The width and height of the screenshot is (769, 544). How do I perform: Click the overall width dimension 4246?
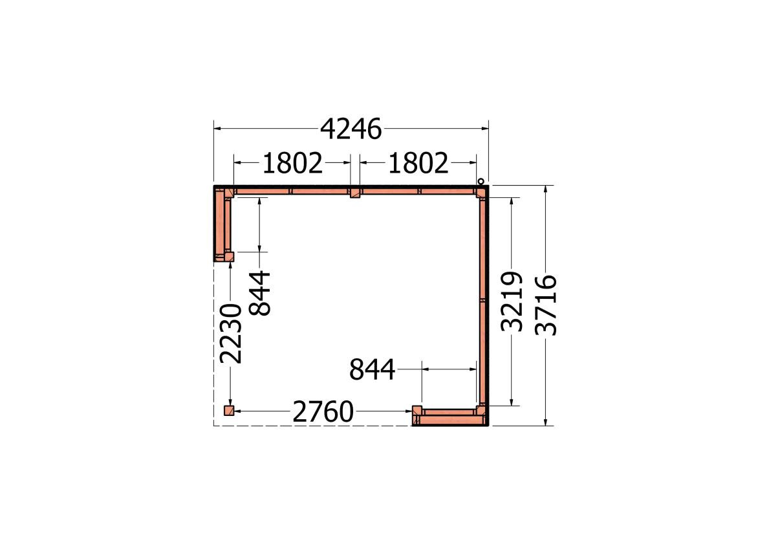click(x=351, y=129)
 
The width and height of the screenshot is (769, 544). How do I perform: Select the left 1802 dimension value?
click(x=293, y=163)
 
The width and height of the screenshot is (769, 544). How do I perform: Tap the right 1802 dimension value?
click(x=418, y=163)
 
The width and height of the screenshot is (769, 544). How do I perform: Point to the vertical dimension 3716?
click(x=547, y=305)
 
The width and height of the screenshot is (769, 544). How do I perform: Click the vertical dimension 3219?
click(x=512, y=301)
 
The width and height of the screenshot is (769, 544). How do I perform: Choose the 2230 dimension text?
click(x=232, y=334)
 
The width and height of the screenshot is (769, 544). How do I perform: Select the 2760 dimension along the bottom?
click(x=323, y=411)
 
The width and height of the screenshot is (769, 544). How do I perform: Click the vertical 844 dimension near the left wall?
click(x=260, y=293)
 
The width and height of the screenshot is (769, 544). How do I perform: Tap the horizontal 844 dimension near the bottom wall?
click(x=373, y=369)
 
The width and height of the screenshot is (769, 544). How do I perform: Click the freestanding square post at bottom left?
click(x=228, y=411)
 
